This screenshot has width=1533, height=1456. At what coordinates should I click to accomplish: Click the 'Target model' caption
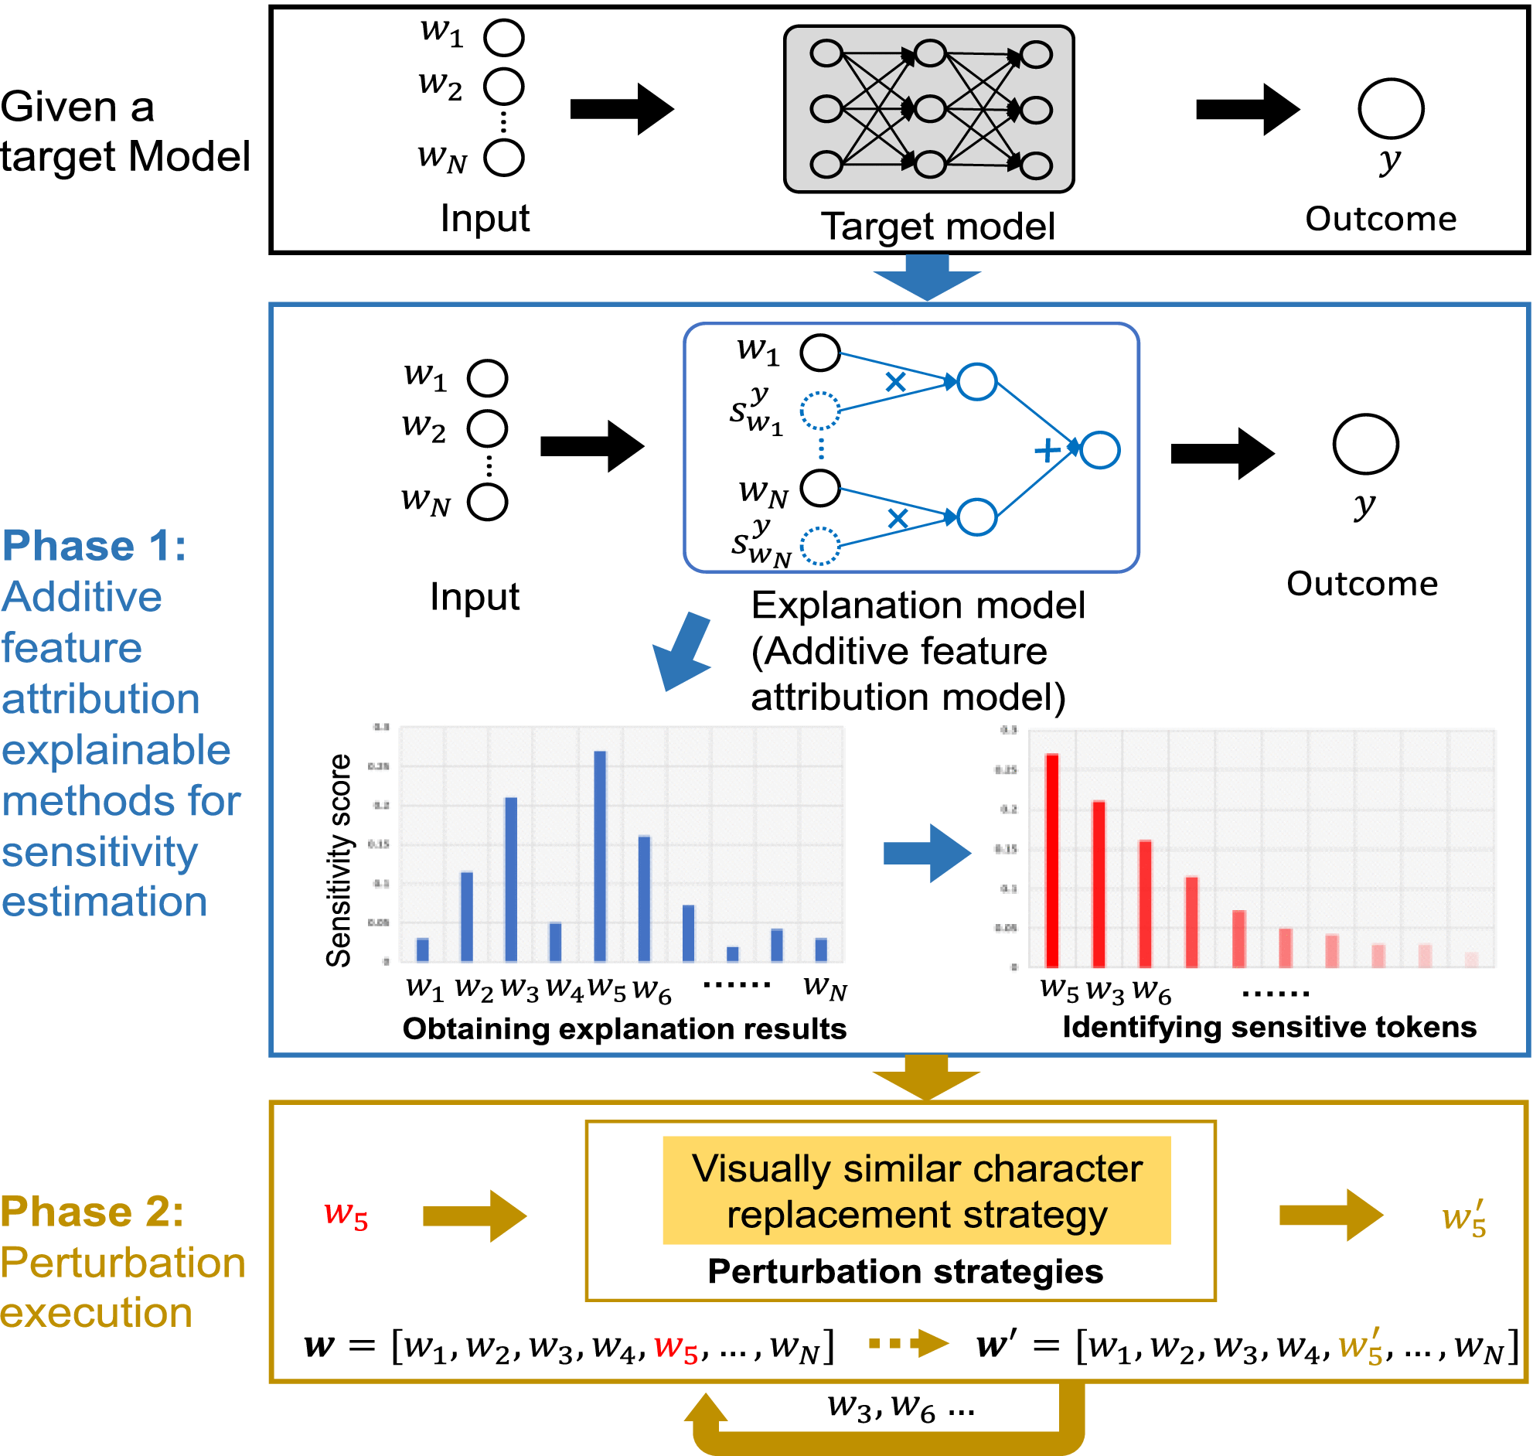point(937,227)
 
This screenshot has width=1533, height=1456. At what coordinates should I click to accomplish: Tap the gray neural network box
point(928,109)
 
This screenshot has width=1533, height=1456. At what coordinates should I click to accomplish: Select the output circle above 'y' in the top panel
point(1390,109)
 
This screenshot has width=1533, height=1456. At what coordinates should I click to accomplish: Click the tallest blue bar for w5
point(600,854)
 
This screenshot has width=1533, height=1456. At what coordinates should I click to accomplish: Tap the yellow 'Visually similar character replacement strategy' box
point(916,1191)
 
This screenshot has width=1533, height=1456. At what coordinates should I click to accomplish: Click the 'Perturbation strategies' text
point(904,1271)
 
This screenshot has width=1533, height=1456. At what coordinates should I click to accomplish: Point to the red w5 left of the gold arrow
point(346,1215)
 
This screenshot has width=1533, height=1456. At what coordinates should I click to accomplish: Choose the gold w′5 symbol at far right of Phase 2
point(1463,1217)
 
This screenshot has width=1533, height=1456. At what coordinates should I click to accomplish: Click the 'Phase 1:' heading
point(94,546)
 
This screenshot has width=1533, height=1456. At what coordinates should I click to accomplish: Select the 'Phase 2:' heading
point(92,1212)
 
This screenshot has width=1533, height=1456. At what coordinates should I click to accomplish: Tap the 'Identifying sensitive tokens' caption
point(1269,1027)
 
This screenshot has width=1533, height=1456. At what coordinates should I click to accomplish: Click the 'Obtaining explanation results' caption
point(624,1028)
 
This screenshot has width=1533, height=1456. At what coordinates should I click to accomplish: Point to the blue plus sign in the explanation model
point(1048,450)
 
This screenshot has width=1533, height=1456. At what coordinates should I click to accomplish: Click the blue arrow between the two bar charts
point(926,853)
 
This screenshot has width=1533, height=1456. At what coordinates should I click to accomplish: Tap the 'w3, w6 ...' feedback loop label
point(900,1406)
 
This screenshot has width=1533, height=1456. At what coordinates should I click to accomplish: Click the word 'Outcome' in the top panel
point(1380,219)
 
